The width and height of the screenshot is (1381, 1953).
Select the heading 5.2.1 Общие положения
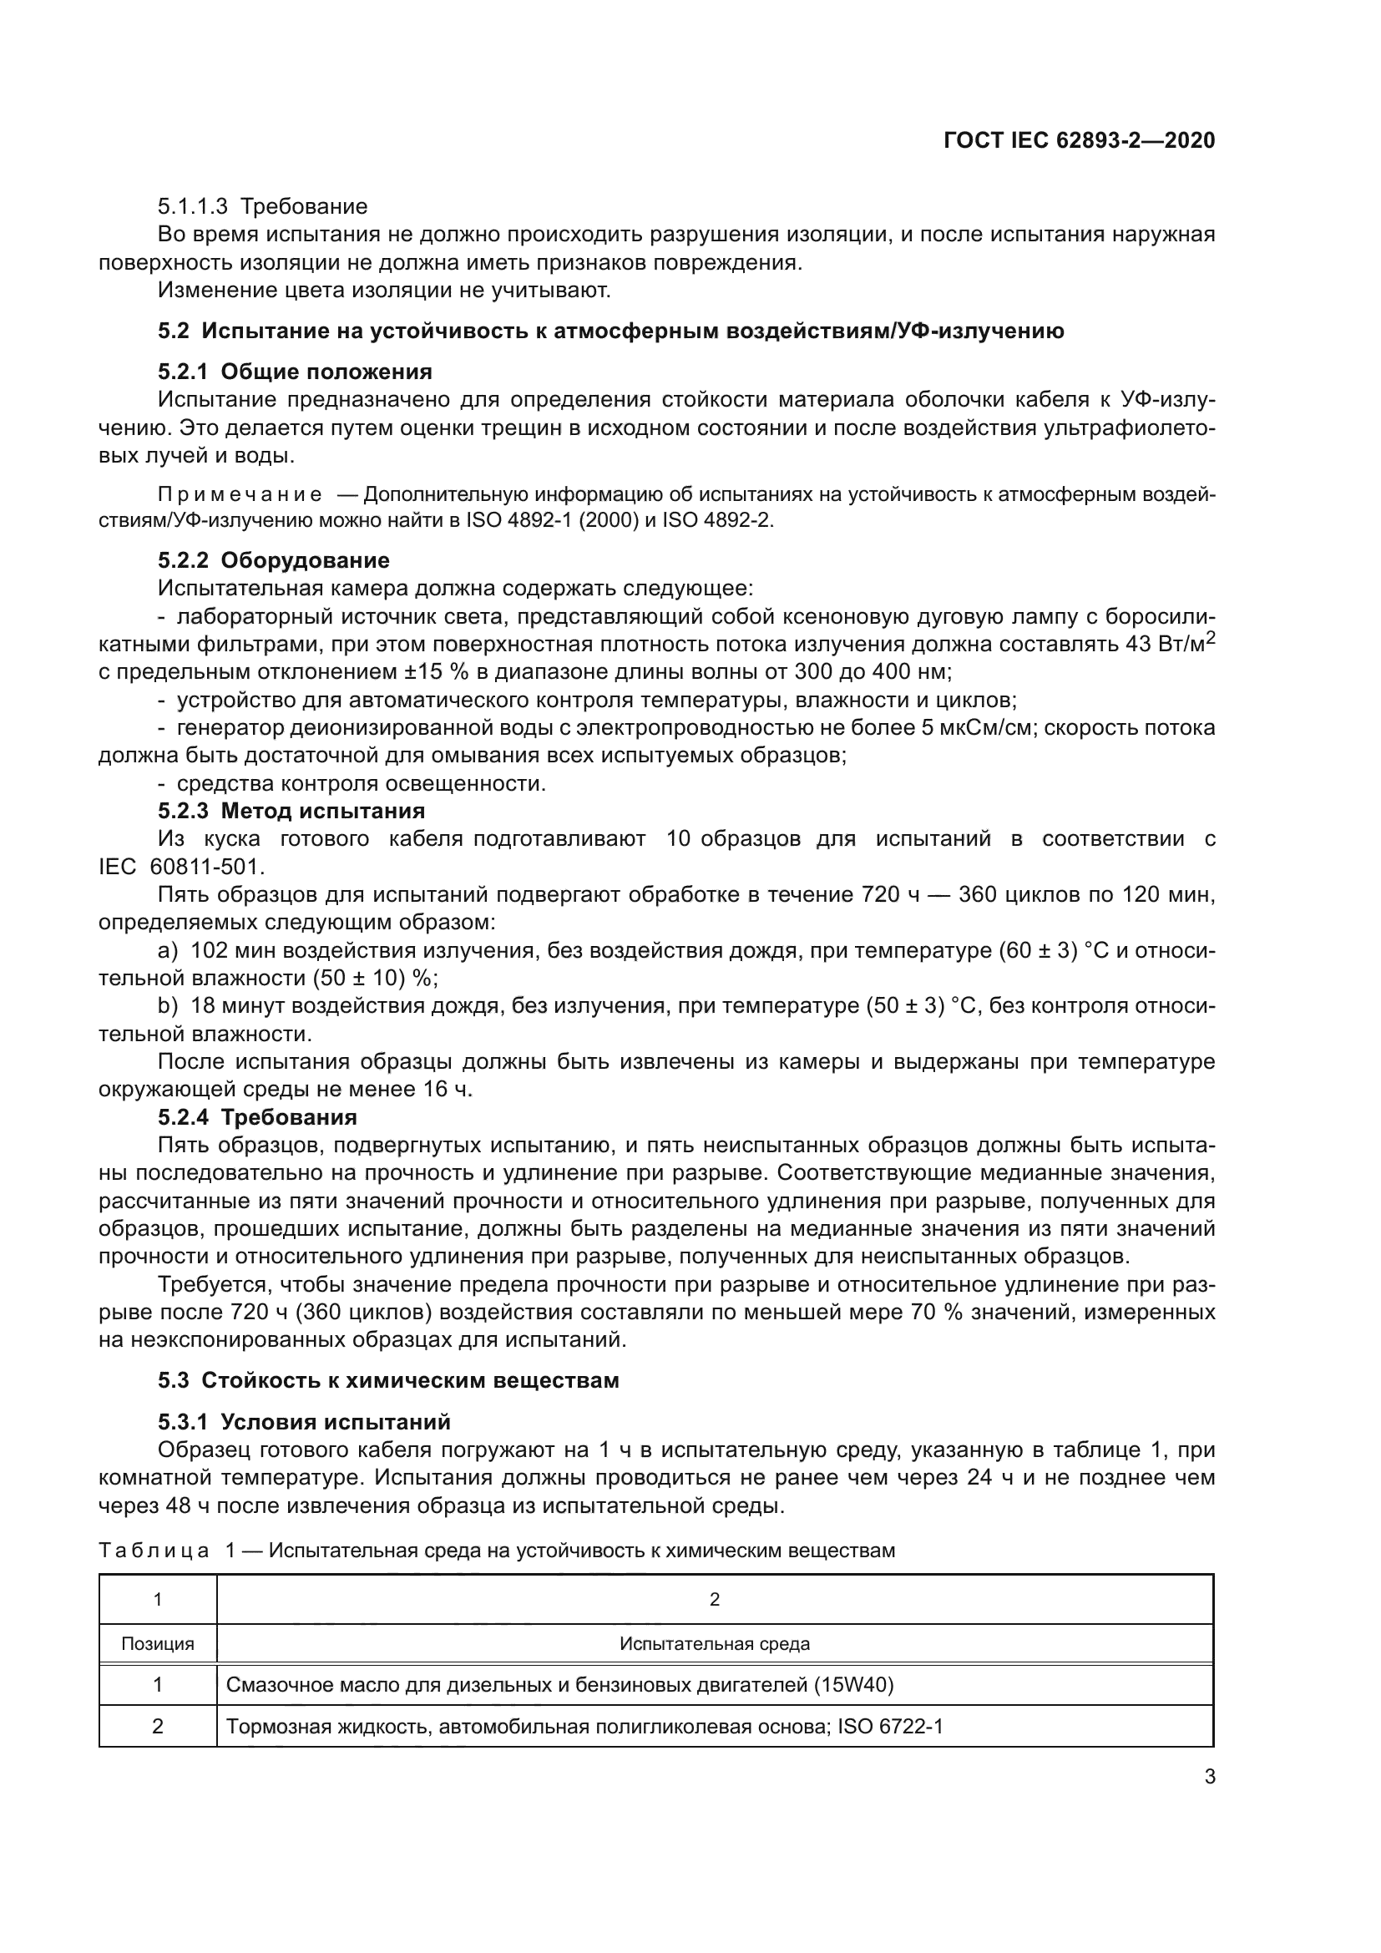coord(295,372)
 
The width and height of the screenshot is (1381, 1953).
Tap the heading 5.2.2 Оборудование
coord(274,560)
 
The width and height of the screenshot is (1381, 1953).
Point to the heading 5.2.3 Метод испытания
coord(291,811)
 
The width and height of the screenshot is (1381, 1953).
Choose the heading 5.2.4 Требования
coord(258,1117)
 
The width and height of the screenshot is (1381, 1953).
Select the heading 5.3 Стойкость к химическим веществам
coord(388,1379)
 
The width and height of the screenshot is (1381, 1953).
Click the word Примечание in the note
coord(240,496)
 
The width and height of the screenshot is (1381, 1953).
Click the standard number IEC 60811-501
coord(182,867)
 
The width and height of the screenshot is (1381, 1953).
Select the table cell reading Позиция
coord(157,1643)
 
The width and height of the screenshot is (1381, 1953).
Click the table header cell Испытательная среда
coord(715,1643)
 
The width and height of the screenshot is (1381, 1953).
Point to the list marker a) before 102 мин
coord(168,950)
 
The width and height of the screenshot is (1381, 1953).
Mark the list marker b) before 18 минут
coord(168,1005)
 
